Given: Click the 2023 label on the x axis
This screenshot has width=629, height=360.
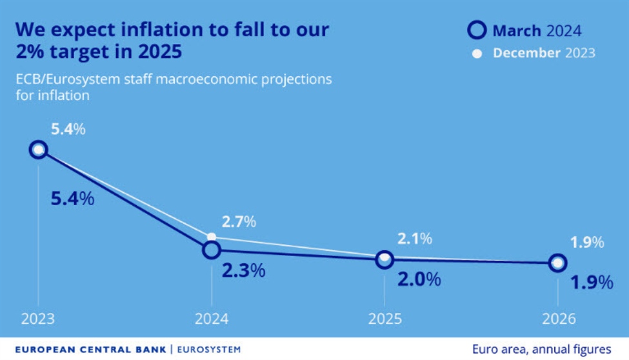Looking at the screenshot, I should [38, 319].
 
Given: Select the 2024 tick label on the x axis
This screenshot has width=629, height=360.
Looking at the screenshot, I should [211, 319].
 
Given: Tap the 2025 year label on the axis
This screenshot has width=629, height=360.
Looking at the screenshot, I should [385, 319].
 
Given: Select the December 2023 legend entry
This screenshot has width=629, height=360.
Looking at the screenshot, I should [535, 54].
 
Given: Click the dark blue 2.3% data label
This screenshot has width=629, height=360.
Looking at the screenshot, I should [243, 271].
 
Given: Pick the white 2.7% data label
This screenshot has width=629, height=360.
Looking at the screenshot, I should [239, 223].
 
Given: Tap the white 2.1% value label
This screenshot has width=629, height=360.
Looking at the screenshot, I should [414, 239].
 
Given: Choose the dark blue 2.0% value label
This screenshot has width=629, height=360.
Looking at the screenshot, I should [418, 279].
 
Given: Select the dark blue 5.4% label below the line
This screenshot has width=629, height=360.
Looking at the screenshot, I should [72, 199].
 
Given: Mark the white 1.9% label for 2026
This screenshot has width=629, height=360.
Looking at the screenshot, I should [587, 243].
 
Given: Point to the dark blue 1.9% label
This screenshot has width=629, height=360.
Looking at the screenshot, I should [591, 283].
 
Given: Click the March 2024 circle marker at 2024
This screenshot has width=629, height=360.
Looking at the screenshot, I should [211, 250].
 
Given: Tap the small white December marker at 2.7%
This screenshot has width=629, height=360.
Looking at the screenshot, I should [211, 237].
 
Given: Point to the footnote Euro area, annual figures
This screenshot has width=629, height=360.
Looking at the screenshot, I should [541, 349].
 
